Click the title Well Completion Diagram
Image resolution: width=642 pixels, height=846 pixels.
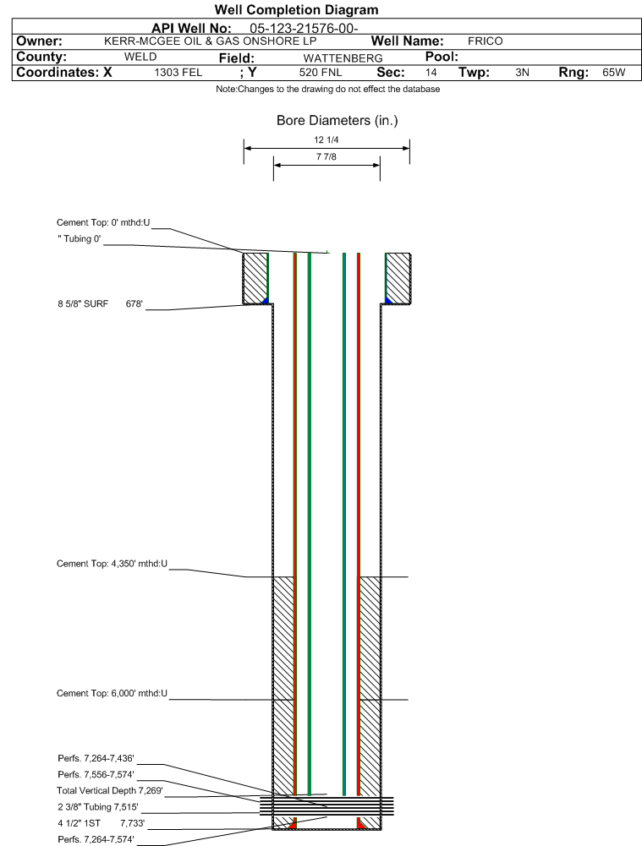(x=296, y=9)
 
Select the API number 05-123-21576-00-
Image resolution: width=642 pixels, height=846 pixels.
(x=304, y=29)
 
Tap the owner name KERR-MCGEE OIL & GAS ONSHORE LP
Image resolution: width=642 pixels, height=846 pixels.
(x=211, y=41)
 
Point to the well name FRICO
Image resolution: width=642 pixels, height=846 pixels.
(x=485, y=41)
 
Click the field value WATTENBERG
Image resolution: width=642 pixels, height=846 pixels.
(x=343, y=58)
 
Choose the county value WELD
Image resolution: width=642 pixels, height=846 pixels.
(x=140, y=57)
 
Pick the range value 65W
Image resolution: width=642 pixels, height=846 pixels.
(x=614, y=73)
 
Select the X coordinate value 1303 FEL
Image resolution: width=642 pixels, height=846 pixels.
(x=178, y=73)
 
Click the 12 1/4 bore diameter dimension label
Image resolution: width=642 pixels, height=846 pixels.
(x=326, y=140)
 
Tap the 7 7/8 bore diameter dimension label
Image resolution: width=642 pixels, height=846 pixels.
(x=326, y=157)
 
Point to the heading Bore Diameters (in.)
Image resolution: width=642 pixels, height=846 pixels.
(x=337, y=121)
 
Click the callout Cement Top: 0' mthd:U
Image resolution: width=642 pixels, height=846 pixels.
(x=103, y=223)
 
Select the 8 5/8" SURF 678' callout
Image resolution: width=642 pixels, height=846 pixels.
(x=101, y=303)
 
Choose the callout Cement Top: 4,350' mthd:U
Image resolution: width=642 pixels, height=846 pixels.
(x=112, y=564)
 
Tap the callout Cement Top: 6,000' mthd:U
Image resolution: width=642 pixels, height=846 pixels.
(x=112, y=693)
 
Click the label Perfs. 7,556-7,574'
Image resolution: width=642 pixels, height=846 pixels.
(x=96, y=775)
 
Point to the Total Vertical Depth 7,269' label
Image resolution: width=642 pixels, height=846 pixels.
(x=110, y=791)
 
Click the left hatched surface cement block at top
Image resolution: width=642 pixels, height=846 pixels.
(x=255, y=278)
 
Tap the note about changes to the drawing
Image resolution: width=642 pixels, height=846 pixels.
(x=327, y=90)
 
